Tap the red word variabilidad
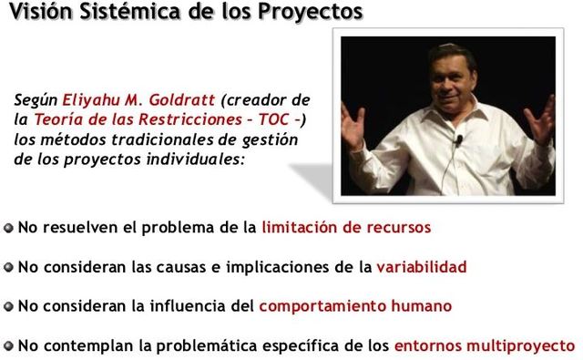(421, 267)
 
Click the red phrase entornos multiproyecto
(485, 345)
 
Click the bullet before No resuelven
(8, 228)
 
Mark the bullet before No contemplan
(8, 346)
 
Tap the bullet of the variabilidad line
(8, 268)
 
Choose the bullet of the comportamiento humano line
(8, 307)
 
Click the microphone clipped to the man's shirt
(458, 141)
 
